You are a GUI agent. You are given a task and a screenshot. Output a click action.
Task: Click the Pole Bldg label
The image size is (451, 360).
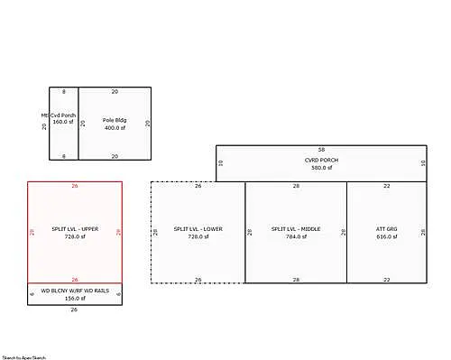click(114, 120)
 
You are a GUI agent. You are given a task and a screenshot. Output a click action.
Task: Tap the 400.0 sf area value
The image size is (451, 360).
click(114, 128)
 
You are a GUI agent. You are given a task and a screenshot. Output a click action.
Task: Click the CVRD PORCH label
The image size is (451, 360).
click(321, 160)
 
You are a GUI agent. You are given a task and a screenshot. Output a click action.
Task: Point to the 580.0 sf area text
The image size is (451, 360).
click(321, 168)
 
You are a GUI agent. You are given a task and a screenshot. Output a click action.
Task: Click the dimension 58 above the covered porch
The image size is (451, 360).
click(321, 149)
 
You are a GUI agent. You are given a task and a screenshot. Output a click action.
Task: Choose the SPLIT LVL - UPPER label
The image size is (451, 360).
click(75, 229)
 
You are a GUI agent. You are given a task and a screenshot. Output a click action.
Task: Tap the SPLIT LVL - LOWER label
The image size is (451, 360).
click(198, 229)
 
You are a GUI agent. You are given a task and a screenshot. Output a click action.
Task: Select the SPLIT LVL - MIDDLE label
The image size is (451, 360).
click(296, 229)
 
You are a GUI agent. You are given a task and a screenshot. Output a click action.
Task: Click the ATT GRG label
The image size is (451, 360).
click(386, 229)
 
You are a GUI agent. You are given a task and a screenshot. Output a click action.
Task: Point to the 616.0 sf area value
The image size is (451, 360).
click(386, 237)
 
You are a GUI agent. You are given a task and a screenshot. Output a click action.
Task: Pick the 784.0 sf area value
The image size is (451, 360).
click(296, 237)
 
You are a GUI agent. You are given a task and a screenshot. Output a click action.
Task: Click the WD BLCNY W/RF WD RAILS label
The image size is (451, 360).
click(75, 291)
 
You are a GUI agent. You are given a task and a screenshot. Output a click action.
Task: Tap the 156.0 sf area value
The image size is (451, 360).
click(75, 299)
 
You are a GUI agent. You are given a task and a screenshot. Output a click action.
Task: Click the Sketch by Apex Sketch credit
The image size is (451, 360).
click(23, 357)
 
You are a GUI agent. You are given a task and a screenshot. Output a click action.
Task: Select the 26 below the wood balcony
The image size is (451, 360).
click(75, 309)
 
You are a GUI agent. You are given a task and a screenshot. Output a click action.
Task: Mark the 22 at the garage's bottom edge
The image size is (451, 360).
click(386, 280)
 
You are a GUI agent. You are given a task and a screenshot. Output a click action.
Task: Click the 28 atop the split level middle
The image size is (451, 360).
click(296, 186)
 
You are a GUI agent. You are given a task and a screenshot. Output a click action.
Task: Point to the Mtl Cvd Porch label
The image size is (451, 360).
click(60, 115)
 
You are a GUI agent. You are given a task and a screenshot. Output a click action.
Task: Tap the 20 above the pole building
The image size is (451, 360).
click(115, 92)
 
